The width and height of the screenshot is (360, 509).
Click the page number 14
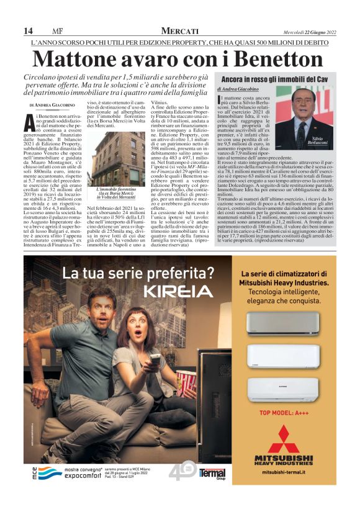tap(28, 31)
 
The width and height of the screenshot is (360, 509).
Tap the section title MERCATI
tap(179, 31)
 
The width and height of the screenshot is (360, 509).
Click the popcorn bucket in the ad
tap(186, 379)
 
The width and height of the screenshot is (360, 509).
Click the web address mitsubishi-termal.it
tap(284, 472)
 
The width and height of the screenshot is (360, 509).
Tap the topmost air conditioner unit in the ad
tap(284, 323)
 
